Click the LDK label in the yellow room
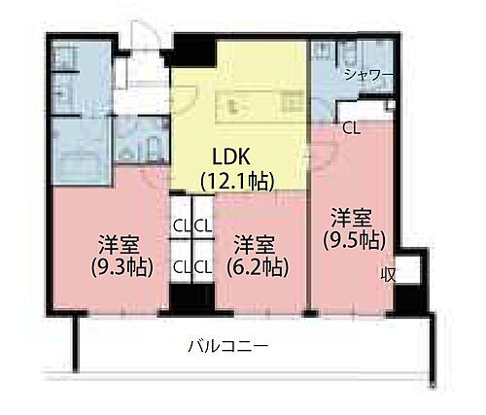(230, 155)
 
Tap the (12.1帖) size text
(236, 180)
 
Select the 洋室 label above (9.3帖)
(121, 243)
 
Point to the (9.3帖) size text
(123, 266)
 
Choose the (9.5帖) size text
(355, 239)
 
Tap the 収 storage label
(388, 275)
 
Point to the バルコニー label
(228, 345)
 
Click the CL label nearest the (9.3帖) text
(181, 264)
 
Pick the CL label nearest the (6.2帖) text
(203, 264)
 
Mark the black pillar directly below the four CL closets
(191, 297)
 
